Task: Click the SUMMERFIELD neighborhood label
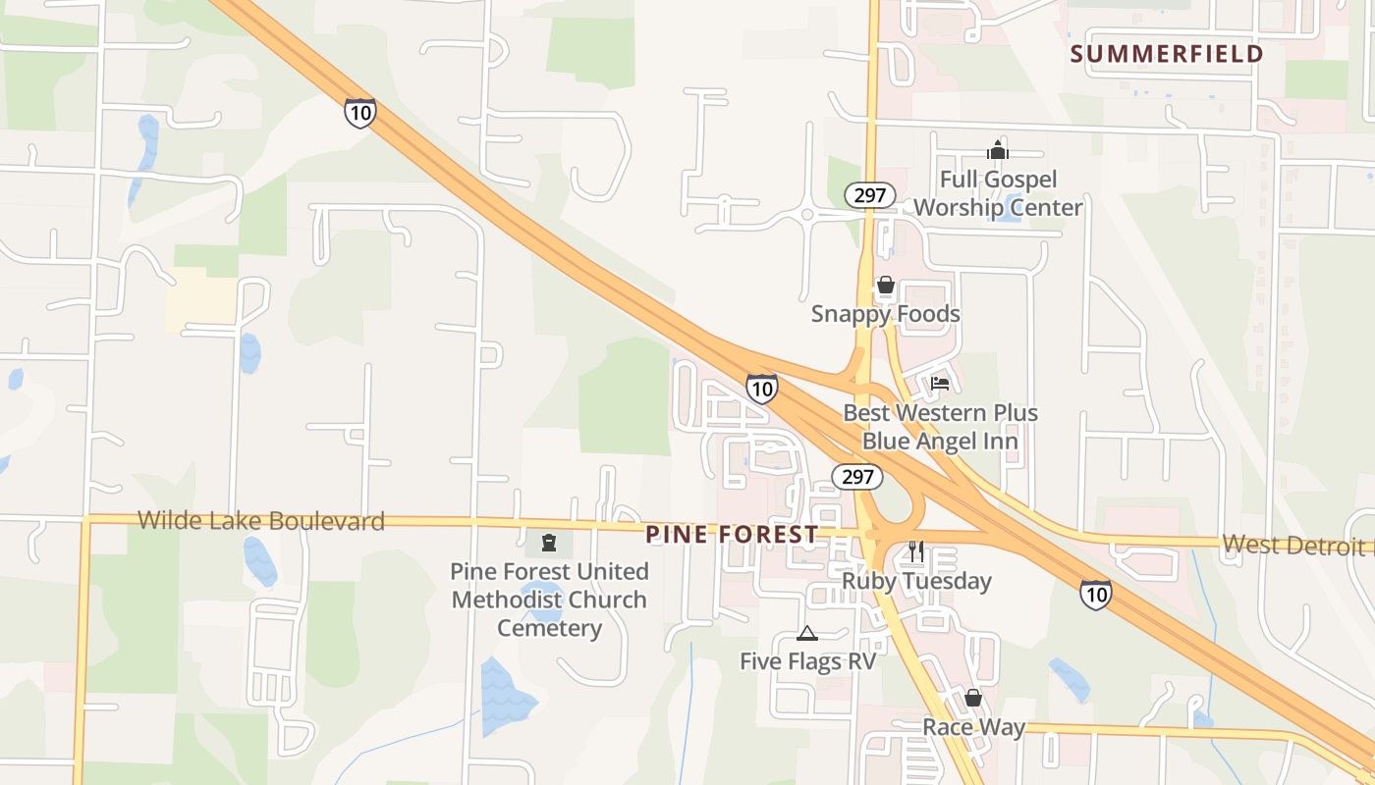[x=1166, y=54]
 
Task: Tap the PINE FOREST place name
[x=732, y=534]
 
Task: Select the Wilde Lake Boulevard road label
[x=261, y=520]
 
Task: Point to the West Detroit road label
[x=1296, y=545]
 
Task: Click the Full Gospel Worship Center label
[x=998, y=193]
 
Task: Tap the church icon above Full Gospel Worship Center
[x=998, y=151]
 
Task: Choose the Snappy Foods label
[x=886, y=314]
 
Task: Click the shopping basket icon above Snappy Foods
[x=886, y=286]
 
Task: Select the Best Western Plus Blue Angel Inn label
[x=940, y=427]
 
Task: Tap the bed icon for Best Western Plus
[x=940, y=384]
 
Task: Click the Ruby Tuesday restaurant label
[x=916, y=581]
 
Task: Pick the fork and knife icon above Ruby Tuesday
[x=916, y=551]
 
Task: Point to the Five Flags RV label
[x=807, y=661]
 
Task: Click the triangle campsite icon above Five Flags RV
[x=807, y=633]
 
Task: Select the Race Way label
[x=973, y=727]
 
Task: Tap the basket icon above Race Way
[x=973, y=698]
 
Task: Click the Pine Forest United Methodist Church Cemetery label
[x=549, y=600]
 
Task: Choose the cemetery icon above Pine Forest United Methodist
[x=549, y=543]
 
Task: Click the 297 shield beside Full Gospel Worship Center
[x=870, y=195]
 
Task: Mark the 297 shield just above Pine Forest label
[x=857, y=477]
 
